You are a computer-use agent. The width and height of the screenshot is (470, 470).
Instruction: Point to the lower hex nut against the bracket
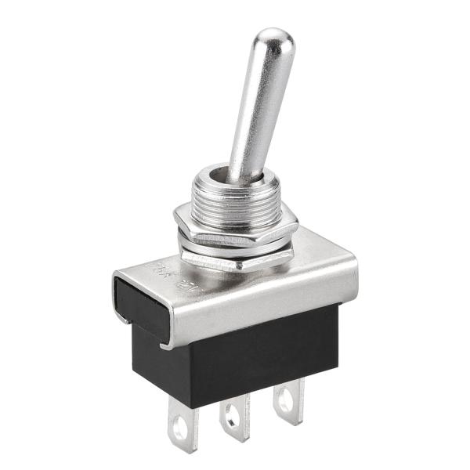pos(235,258)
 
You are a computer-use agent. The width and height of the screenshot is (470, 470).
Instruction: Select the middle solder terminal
pos(233,415)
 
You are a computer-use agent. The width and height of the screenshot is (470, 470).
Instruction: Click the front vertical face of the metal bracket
pos(258,305)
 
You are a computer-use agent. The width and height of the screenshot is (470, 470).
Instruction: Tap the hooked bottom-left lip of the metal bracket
pos(166,343)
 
